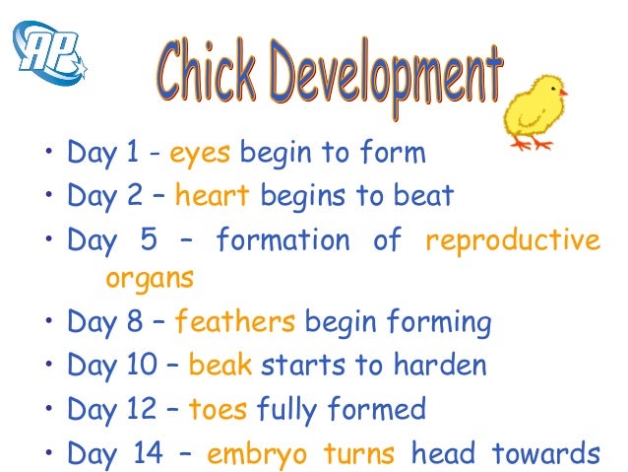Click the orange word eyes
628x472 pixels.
200,154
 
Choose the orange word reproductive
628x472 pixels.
512,239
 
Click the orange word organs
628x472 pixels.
149,278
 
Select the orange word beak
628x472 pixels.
220,366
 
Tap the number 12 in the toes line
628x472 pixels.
141,408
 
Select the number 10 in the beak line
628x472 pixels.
142,366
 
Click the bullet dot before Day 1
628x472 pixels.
45,155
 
